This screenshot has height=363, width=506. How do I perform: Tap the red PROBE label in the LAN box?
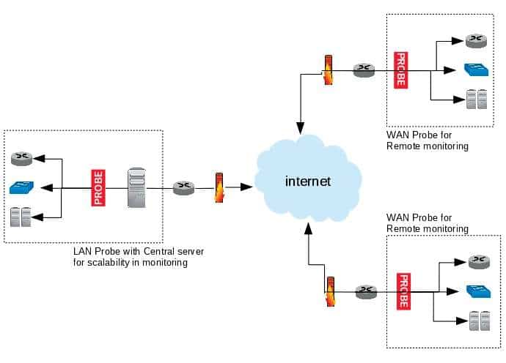tap(98, 187)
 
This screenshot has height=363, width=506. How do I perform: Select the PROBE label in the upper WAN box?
tap(400, 70)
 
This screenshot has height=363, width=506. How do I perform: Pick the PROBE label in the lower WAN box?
tap(402, 291)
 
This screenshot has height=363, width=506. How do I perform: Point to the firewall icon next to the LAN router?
tap(218, 187)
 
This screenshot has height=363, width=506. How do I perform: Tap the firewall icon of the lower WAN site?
tap(331, 291)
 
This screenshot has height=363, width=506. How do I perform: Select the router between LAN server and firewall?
tap(183, 188)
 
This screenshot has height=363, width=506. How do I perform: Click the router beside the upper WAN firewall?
tap(363, 71)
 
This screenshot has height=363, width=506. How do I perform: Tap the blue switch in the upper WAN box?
tap(473, 70)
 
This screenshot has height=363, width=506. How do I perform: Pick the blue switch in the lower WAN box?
tap(476, 291)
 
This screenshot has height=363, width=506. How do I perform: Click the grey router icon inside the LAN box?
tap(20, 157)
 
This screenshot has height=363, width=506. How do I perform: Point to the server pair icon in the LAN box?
tap(20, 217)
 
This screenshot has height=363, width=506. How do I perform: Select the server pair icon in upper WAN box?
tap(475, 100)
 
